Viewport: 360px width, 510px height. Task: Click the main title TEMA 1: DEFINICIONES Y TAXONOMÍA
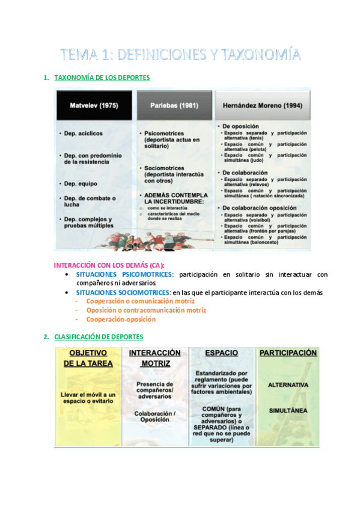180,55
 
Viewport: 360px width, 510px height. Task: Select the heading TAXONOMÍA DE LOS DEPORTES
102,78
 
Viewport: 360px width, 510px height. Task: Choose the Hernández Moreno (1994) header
262,105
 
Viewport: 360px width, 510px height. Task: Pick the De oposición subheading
240,127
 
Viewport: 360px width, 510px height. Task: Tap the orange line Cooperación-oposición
117,319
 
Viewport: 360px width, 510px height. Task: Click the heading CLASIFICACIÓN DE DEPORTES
99,337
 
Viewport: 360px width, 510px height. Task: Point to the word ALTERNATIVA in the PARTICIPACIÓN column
288,384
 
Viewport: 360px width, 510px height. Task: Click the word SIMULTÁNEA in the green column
288,410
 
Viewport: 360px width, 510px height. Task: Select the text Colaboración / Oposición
155,417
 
